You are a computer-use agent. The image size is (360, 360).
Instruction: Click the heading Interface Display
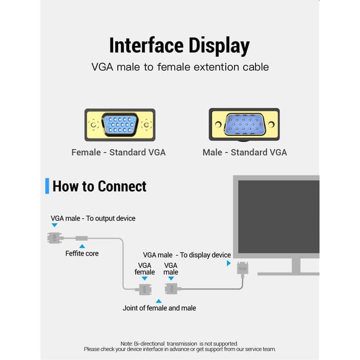[x=179, y=46]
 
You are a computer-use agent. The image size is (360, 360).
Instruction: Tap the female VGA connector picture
[x=120, y=125]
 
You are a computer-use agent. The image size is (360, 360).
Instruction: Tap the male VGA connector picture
[x=244, y=124]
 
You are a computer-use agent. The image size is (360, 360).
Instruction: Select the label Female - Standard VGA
[x=118, y=152]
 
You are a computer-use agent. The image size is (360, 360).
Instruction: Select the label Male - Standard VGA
[x=245, y=152]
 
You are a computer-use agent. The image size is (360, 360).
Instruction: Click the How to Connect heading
[x=99, y=186]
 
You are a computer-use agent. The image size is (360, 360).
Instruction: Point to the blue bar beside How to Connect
[x=47, y=186]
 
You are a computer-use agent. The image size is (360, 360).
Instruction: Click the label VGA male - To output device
[x=93, y=219]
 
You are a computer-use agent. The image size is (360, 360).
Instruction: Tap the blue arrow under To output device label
[x=55, y=225]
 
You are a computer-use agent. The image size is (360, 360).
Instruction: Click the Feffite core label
[x=82, y=254]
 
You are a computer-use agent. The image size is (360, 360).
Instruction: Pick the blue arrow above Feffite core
[x=82, y=246]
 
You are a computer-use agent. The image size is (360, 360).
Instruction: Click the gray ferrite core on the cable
[x=82, y=238]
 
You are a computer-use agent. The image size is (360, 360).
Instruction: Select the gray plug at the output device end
[x=55, y=238]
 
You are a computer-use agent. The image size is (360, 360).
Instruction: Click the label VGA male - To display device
[x=187, y=255]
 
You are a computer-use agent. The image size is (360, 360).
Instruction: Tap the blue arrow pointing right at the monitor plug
[x=229, y=263]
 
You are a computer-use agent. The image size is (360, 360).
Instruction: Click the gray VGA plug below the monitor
[x=242, y=268]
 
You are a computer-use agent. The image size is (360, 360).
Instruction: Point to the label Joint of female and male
[x=159, y=308]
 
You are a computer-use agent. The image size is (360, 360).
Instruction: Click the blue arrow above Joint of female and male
[x=158, y=301]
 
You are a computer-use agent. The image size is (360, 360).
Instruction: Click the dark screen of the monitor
[x=279, y=217]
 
